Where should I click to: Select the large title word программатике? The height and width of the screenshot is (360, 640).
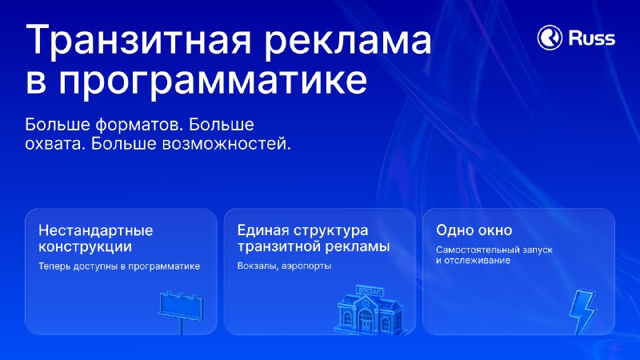(x=213, y=81)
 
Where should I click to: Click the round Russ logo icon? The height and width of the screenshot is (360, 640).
(x=550, y=37)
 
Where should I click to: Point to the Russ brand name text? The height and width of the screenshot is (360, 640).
(x=592, y=38)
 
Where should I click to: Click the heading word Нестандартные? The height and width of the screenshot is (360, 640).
(x=95, y=230)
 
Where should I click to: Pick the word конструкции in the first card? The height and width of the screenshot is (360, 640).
(x=86, y=246)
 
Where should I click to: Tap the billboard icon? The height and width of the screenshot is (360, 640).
(x=182, y=311)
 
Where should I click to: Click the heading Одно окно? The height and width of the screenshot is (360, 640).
(x=474, y=230)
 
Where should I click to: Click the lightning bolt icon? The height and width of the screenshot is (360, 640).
(x=583, y=312)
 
